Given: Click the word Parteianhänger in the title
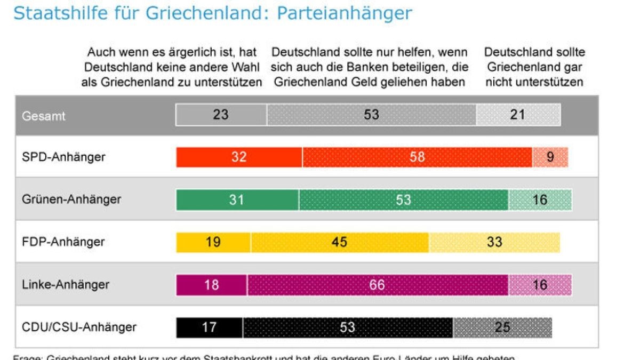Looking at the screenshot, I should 345,13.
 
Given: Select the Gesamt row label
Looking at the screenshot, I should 44,115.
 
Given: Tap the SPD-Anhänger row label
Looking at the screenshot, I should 63,157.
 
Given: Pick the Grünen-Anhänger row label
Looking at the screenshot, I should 71,199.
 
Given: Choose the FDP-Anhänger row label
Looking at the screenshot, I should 63,242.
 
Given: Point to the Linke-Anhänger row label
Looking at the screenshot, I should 66,284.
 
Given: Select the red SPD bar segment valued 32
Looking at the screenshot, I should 239,157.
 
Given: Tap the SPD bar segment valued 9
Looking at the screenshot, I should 550,157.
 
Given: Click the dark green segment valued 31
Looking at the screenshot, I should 237,199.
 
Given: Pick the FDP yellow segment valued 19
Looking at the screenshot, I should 213,242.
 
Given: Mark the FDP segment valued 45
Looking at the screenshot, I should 340,242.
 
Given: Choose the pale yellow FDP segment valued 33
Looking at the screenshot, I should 494,242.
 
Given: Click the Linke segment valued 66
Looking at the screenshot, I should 377,285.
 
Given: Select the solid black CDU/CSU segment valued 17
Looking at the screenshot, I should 209,327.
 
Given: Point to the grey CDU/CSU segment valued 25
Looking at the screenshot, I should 502,327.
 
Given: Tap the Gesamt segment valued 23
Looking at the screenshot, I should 221,115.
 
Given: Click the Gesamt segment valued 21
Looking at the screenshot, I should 518,115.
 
